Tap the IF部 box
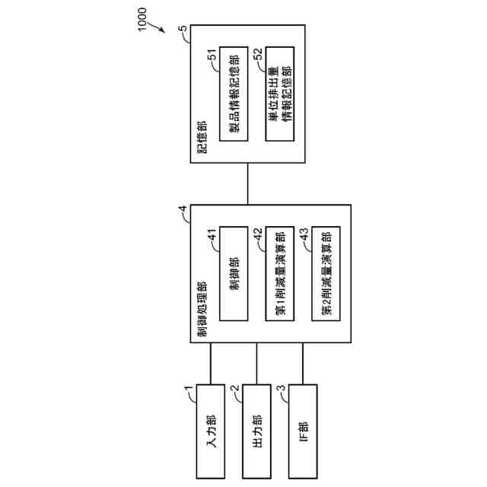tap(302, 429)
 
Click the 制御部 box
tap(234, 272)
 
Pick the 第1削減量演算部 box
tap(281, 272)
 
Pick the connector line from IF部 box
tap(302, 364)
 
